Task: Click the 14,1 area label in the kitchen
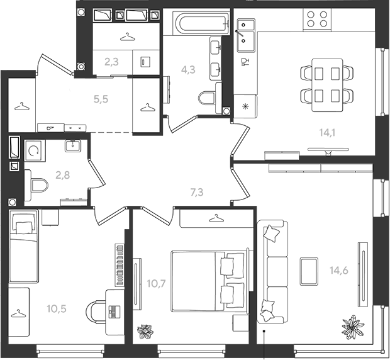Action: click(x=327, y=133)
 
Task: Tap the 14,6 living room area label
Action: click(x=339, y=270)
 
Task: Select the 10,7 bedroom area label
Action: click(x=156, y=283)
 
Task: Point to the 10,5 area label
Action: click(x=57, y=309)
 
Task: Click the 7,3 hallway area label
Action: click(x=197, y=193)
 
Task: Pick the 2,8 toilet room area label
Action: click(x=63, y=175)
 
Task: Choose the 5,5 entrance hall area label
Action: click(x=101, y=99)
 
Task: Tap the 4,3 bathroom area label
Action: click(x=188, y=70)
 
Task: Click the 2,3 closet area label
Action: click(x=111, y=62)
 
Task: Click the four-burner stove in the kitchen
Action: click(x=317, y=19)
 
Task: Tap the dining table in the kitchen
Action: click(x=327, y=85)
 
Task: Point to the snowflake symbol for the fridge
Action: click(x=245, y=107)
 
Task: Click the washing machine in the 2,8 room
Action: click(x=35, y=151)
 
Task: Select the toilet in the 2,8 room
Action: click(x=36, y=185)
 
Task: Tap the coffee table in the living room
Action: click(x=309, y=271)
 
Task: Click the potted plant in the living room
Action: click(x=353, y=327)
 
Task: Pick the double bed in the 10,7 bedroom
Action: click(x=209, y=281)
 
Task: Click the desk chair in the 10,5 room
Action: click(x=96, y=313)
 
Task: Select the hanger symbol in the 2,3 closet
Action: click(x=127, y=37)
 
